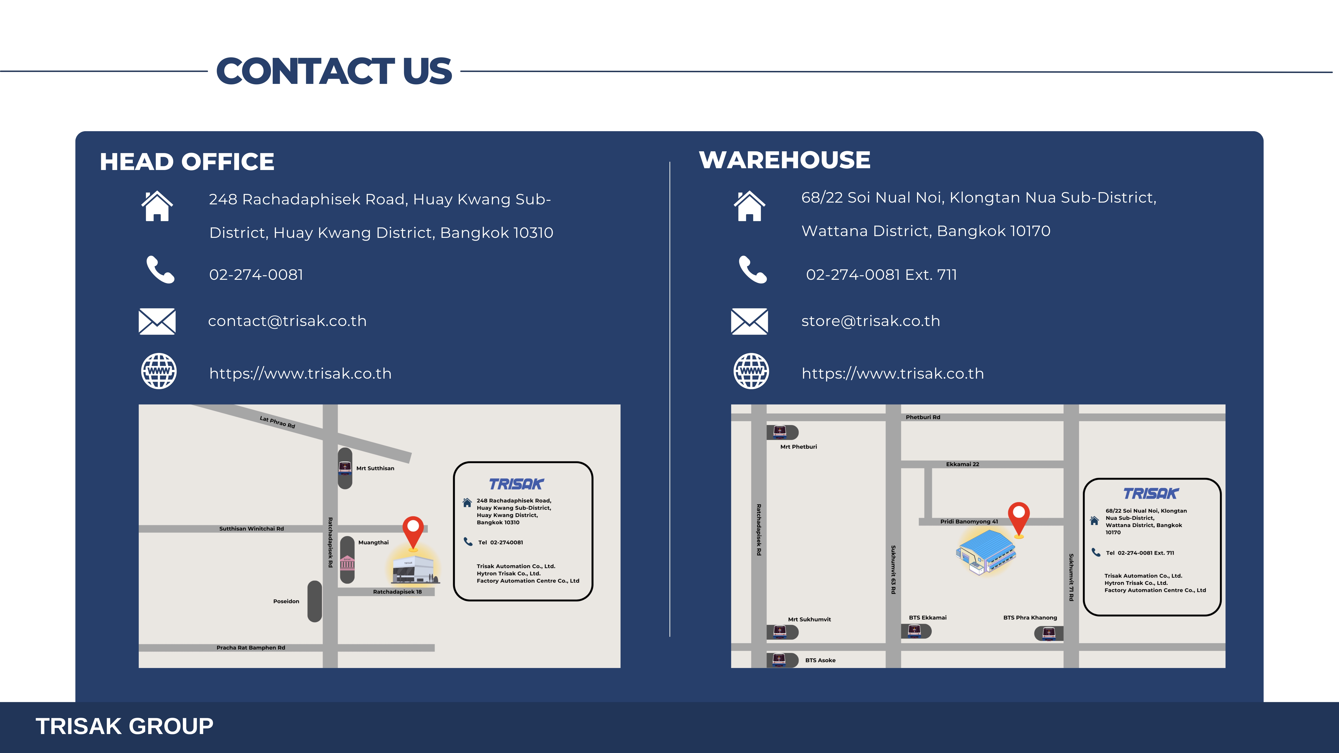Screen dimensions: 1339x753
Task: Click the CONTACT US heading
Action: click(334, 71)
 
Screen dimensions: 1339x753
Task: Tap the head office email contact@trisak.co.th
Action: click(287, 321)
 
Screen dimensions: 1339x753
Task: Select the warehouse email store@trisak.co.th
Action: click(871, 321)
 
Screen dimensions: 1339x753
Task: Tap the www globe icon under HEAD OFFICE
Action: click(159, 371)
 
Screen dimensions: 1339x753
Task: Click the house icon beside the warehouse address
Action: click(750, 206)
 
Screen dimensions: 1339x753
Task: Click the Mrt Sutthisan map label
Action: click(375, 468)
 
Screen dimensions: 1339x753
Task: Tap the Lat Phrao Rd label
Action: click(278, 422)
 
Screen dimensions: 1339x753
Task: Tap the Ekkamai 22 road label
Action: click(963, 464)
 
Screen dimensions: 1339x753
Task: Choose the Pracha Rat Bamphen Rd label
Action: click(251, 647)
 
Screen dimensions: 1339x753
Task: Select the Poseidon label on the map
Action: click(286, 601)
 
